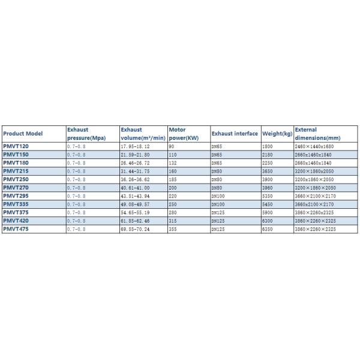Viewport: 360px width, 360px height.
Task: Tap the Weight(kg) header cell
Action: click(x=277, y=134)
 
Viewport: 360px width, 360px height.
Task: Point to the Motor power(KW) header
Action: click(x=184, y=134)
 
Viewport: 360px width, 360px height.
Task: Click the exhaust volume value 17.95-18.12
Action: click(x=135, y=146)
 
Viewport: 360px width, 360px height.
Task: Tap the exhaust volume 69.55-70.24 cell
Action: click(x=135, y=229)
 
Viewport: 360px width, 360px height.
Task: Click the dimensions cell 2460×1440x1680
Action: click(x=313, y=146)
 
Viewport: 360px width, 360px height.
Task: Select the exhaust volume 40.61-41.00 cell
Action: click(x=135, y=187)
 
